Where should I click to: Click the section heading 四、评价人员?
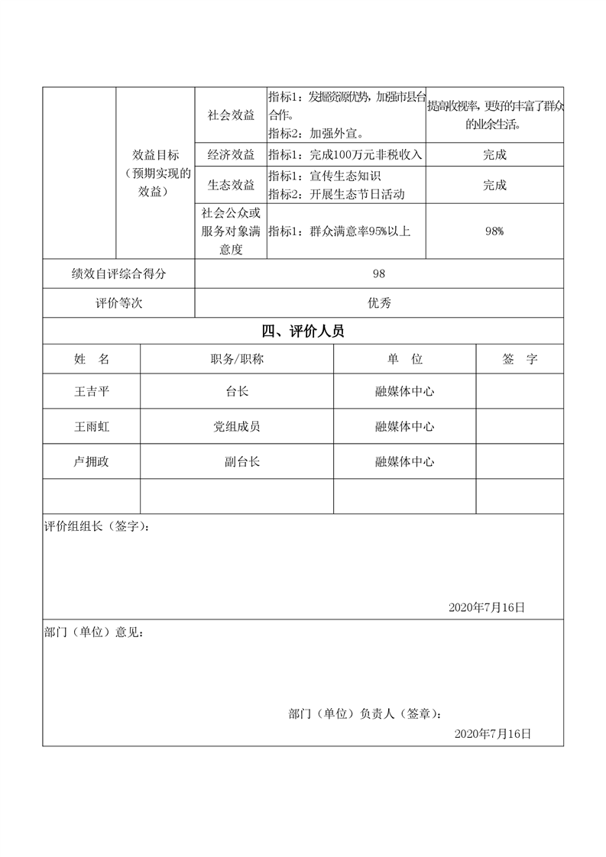303,331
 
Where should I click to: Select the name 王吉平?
92,391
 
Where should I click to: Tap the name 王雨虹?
92,426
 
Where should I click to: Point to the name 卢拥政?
92,461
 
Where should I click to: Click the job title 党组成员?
237,426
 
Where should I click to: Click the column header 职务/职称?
237,358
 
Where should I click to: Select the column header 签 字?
520,358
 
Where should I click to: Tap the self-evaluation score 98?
379,274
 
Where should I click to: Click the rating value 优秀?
379,302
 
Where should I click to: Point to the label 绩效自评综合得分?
118,274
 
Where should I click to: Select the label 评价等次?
118,302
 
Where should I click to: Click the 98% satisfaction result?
494,231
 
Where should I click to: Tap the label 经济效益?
231,154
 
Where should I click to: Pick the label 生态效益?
231,185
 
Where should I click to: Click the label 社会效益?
231,115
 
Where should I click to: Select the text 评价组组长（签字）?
96,527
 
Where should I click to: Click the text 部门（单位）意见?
93,632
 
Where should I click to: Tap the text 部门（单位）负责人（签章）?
365,714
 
